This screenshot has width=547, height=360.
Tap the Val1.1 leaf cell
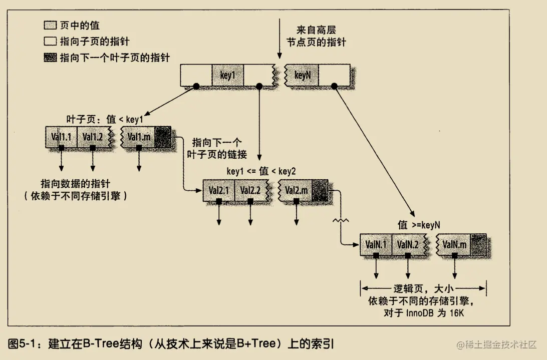(x=61, y=137)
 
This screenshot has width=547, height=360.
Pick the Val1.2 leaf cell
(x=93, y=137)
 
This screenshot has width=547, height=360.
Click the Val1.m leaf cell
(x=138, y=137)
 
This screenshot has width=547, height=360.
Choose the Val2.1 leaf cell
(x=218, y=190)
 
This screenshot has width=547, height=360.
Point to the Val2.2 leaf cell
(x=250, y=190)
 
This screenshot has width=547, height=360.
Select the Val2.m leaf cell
(x=296, y=190)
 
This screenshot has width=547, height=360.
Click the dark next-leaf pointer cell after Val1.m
(x=163, y=137)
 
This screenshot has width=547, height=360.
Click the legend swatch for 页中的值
(x=50, y=25)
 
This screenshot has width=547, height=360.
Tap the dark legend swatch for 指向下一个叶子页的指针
(x=50, y=58)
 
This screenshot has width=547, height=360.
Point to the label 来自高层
(x=317, y=30)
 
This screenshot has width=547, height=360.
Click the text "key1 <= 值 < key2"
(x=261, y=171)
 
